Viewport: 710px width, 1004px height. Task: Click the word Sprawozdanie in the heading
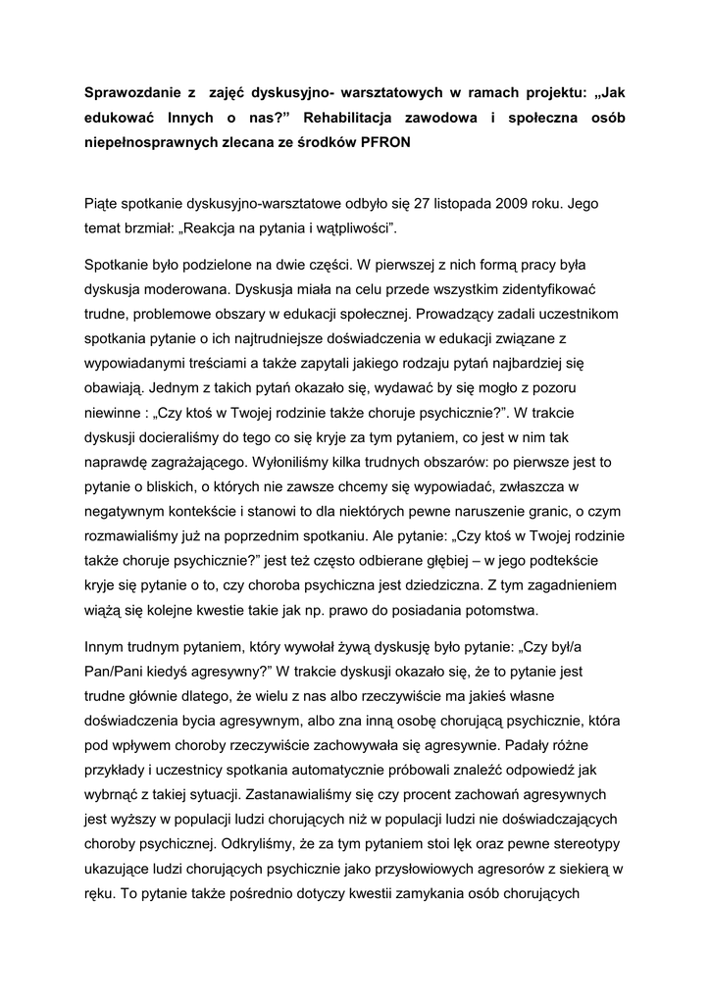132,95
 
